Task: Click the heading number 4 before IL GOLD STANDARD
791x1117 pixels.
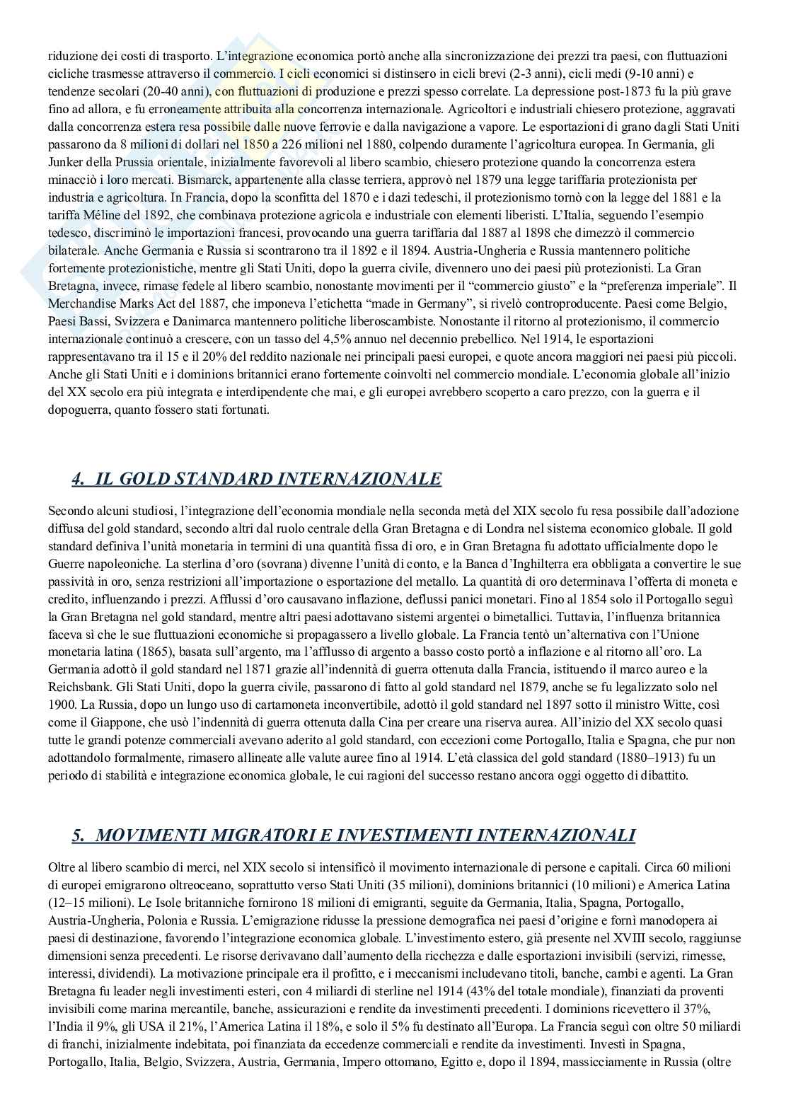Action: click(x=77, y=480)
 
